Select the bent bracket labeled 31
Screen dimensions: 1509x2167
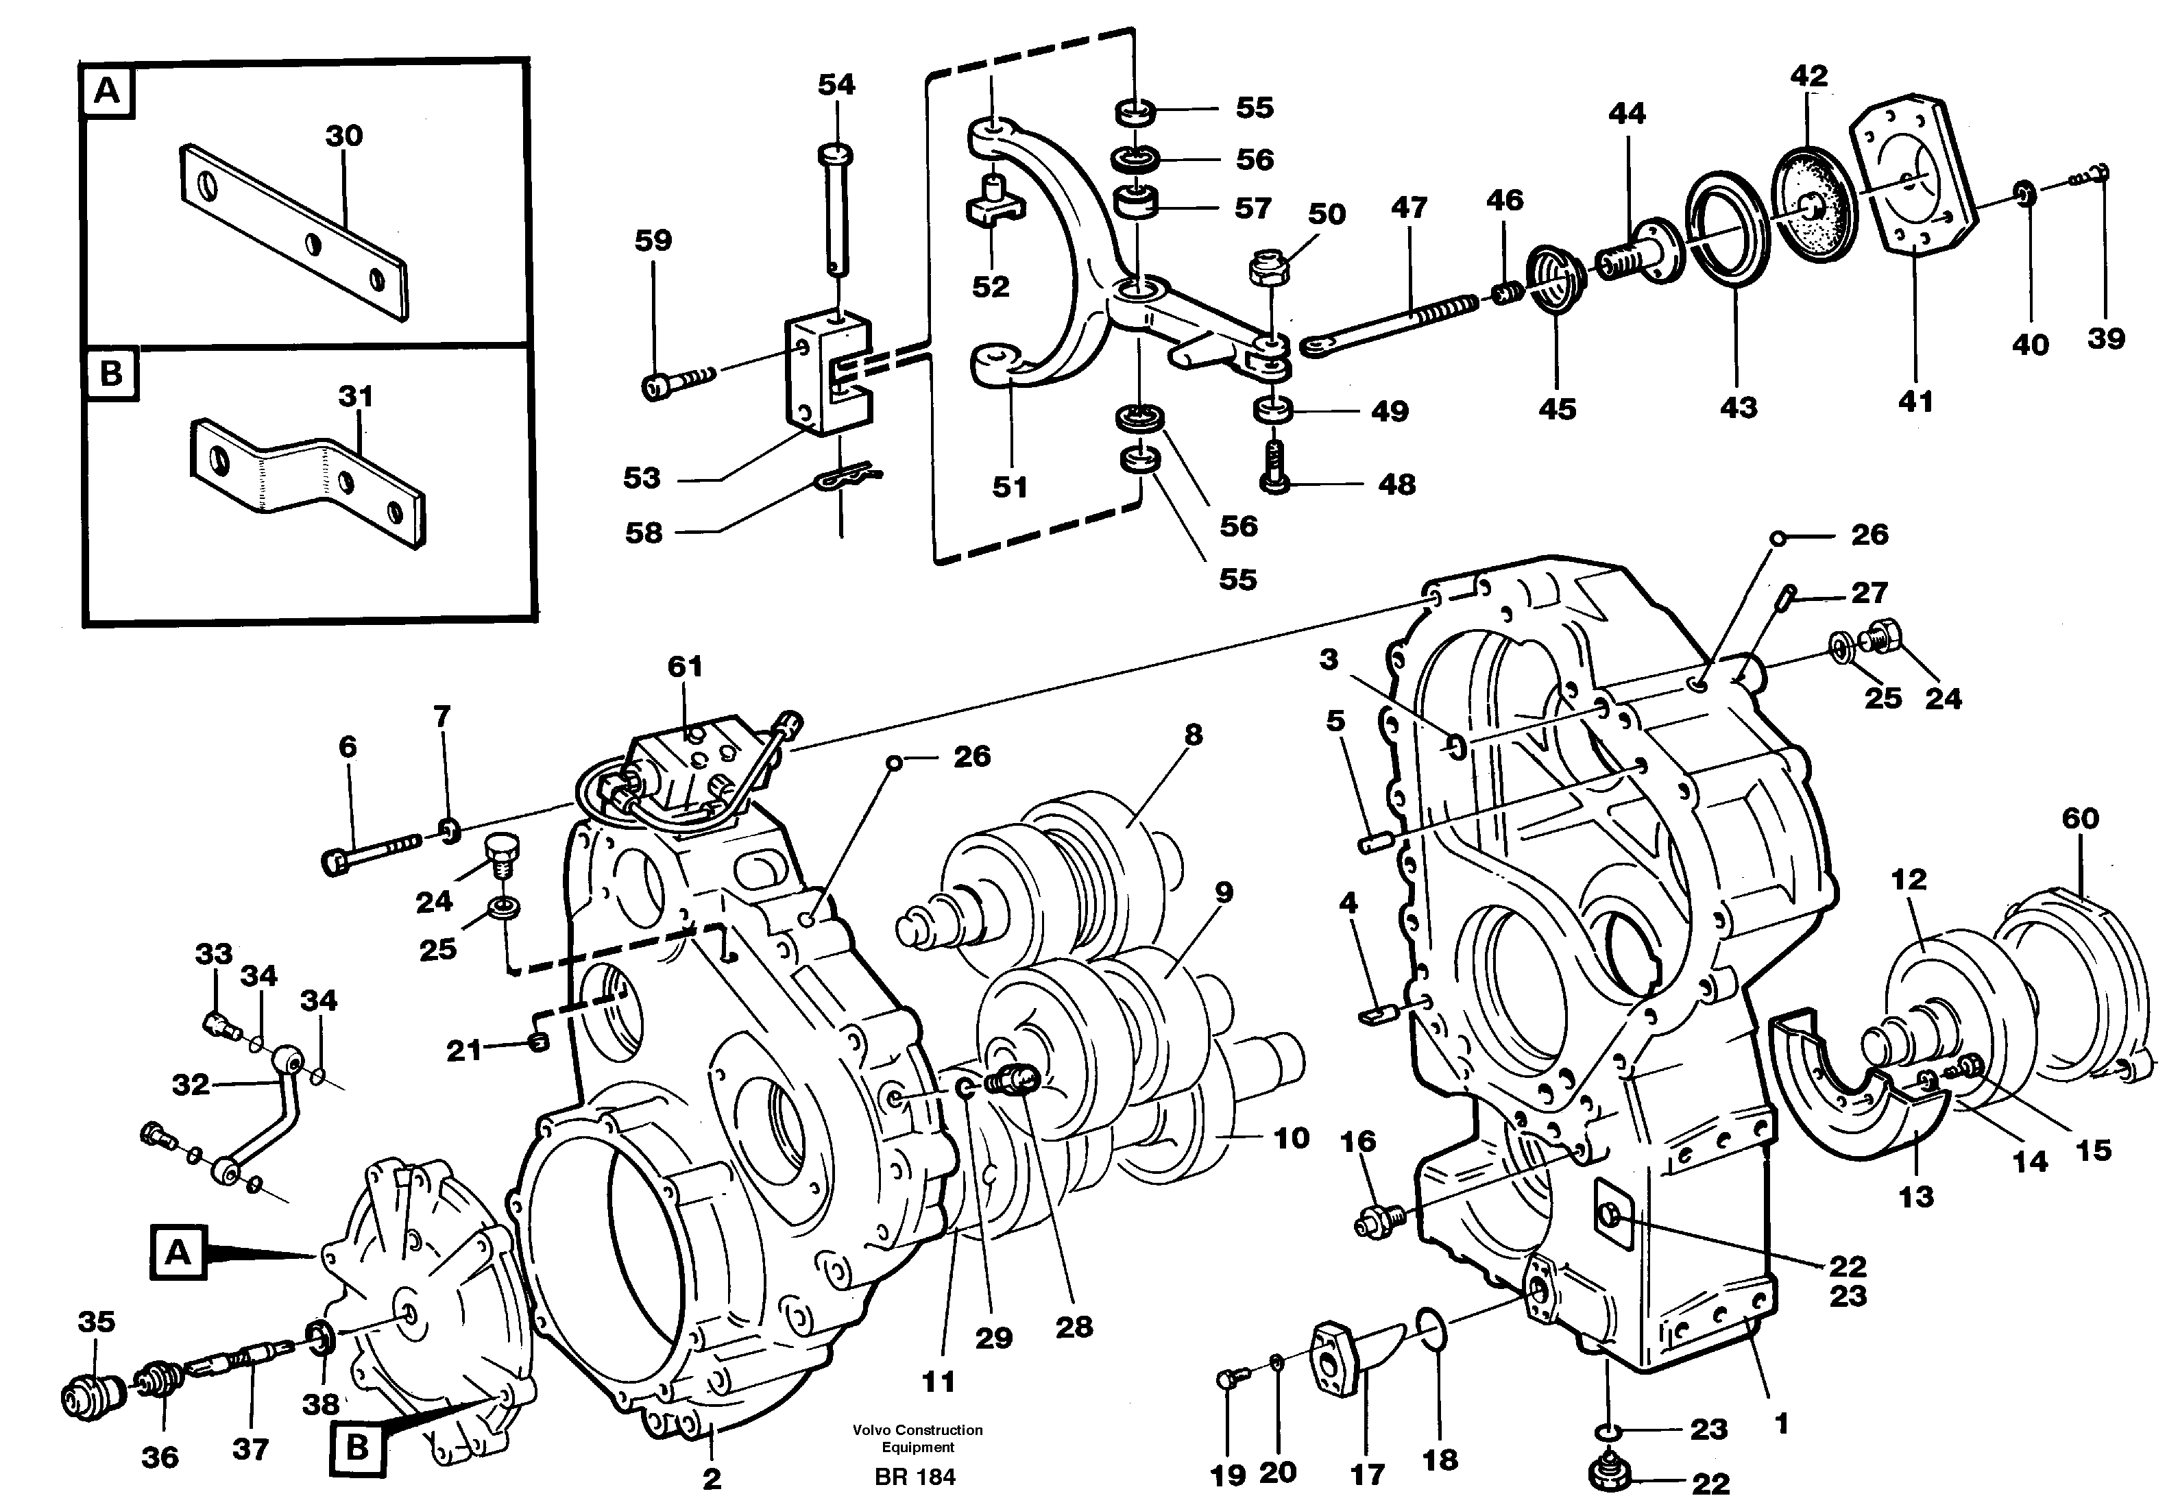306,476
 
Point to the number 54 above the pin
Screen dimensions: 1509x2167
836,85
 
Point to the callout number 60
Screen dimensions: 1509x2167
2080,818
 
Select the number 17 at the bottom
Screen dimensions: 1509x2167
1368,1473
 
